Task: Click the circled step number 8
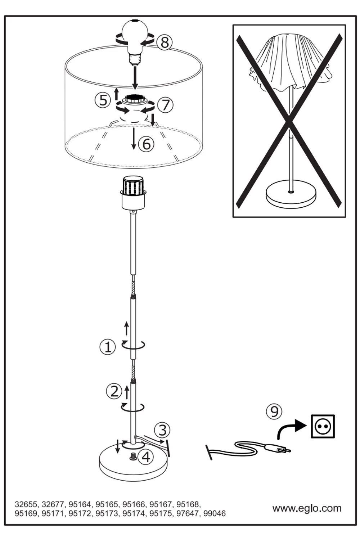coord(165,42)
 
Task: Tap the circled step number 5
coord(103,100)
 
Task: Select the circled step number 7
coord(165,105)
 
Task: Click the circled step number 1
coord(108,347)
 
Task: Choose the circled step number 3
coord(162,430)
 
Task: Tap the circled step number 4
coord(145,456)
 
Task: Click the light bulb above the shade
coord(135,41)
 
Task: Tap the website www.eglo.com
coord(307,508)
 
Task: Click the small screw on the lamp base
coord(133,456)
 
